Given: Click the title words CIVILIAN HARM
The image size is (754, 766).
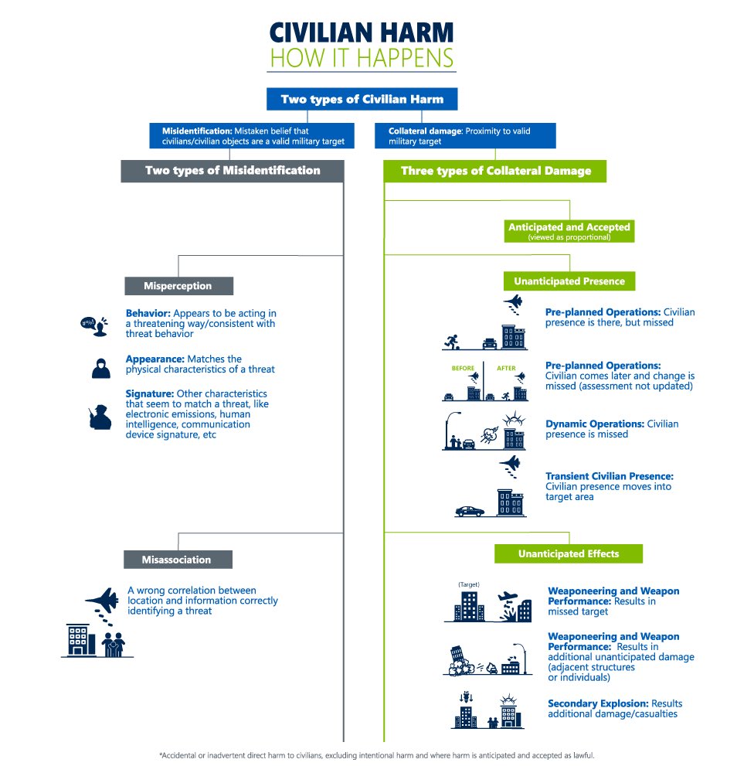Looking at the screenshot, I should tap(361, 33).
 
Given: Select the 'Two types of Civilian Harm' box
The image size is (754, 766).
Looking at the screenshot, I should tap(362, 99).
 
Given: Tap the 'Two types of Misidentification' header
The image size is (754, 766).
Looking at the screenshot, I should tap(232, 171).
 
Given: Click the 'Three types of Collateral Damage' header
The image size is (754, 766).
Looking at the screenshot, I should tap(494, 171).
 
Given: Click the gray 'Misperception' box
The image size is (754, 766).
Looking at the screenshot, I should tap(178, 286).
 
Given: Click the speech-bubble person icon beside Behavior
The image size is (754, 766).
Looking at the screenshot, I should tap(93, 325).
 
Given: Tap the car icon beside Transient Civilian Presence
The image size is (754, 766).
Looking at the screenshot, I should tap(470, 511).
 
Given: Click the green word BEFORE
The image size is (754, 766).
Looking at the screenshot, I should tap(463, 369).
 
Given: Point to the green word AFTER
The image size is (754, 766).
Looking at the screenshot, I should tap(506, 369).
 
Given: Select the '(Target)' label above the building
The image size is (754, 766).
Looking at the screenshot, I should tap(469, 584).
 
